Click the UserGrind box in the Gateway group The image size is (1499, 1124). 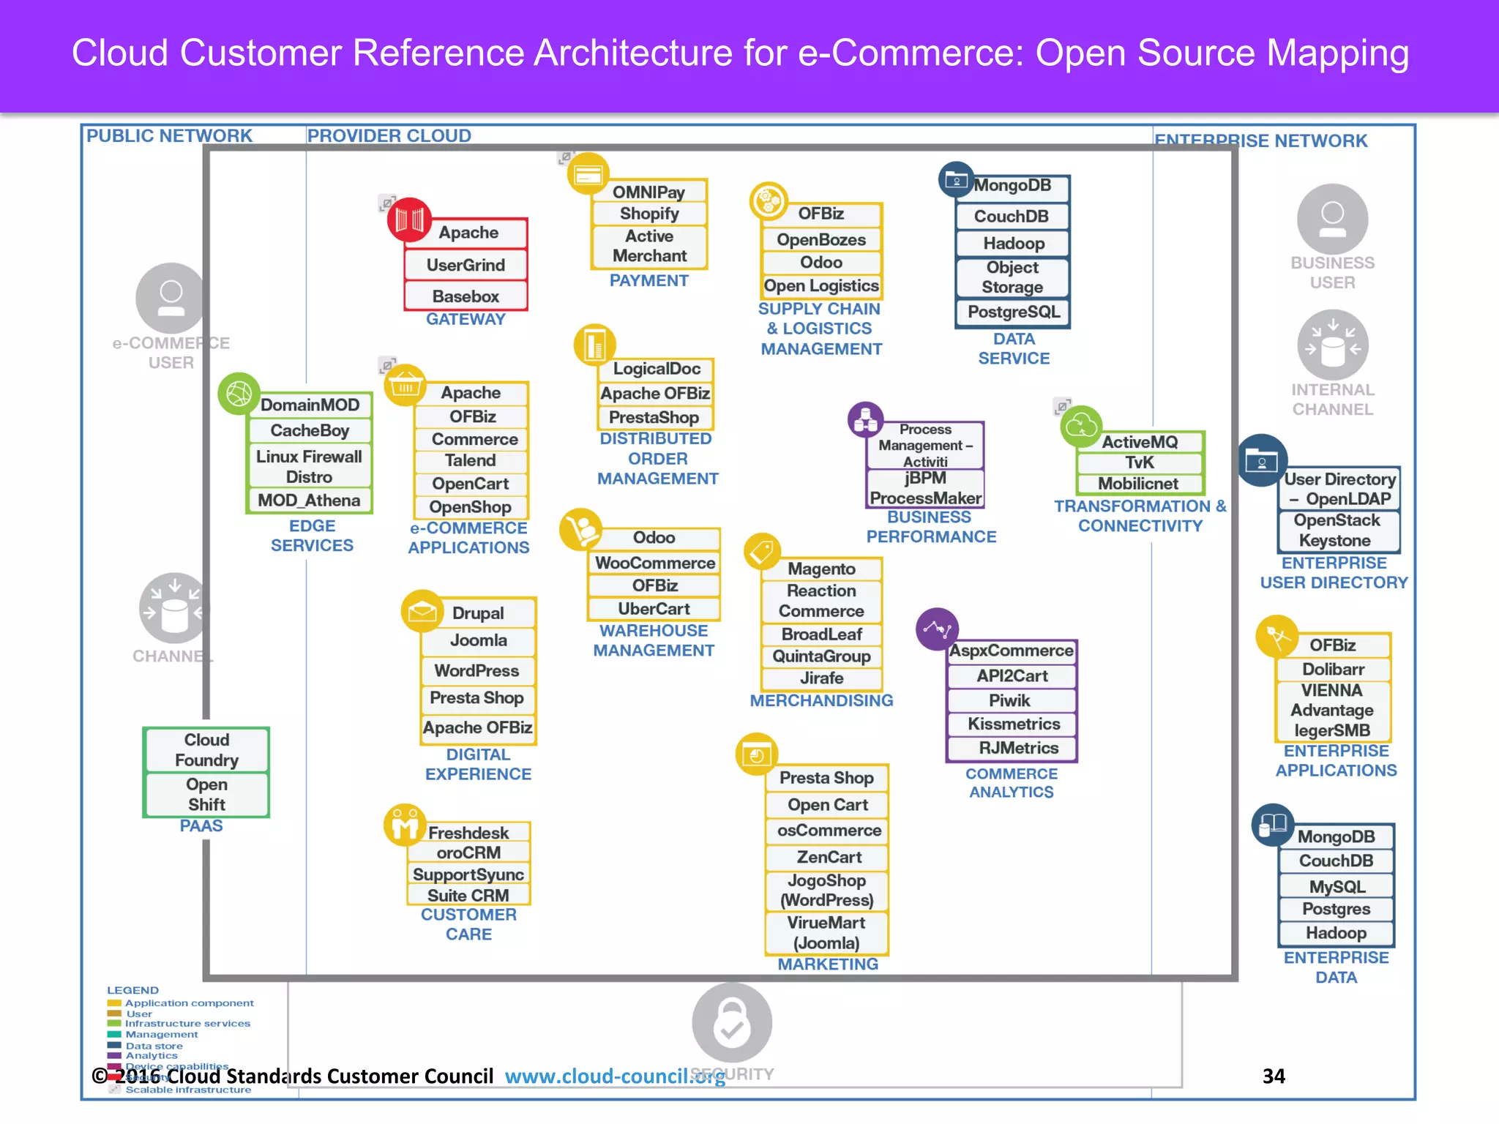click(x=466, y=265)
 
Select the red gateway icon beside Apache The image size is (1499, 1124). click(x=409, y=220)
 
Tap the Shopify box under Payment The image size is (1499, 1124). click(x=649, y=214)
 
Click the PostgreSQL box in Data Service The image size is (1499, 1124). click(x=1013, y=312)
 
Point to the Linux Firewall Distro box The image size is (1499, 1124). click(x=309, y=467)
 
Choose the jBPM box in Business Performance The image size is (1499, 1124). click(x=925, y=479)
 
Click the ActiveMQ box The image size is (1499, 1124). click(x=1140, y=442)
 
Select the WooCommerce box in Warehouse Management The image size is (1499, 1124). click(x=654, y=563)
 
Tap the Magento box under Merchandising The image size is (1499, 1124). click(x=821, y=569)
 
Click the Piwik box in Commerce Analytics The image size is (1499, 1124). click(x=1010, y=700)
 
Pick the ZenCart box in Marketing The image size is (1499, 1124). click(x=828, y=857)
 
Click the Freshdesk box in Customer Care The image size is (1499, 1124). click(x=468, y=833)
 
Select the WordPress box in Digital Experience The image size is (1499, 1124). click(x=477, y=670)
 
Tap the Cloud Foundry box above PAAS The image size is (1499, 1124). click(x=206, y=750)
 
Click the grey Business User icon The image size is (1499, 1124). click(x=1332, y=218)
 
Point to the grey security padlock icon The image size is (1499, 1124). click(x=731, y=1022)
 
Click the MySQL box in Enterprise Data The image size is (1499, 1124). click(x=1337, y=887)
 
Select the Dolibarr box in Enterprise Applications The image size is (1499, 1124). click(x=1333, y=669)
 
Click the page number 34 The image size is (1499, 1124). click(x=1274, y=1076)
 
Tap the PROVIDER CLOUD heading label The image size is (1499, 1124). click(x=389, y=136)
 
